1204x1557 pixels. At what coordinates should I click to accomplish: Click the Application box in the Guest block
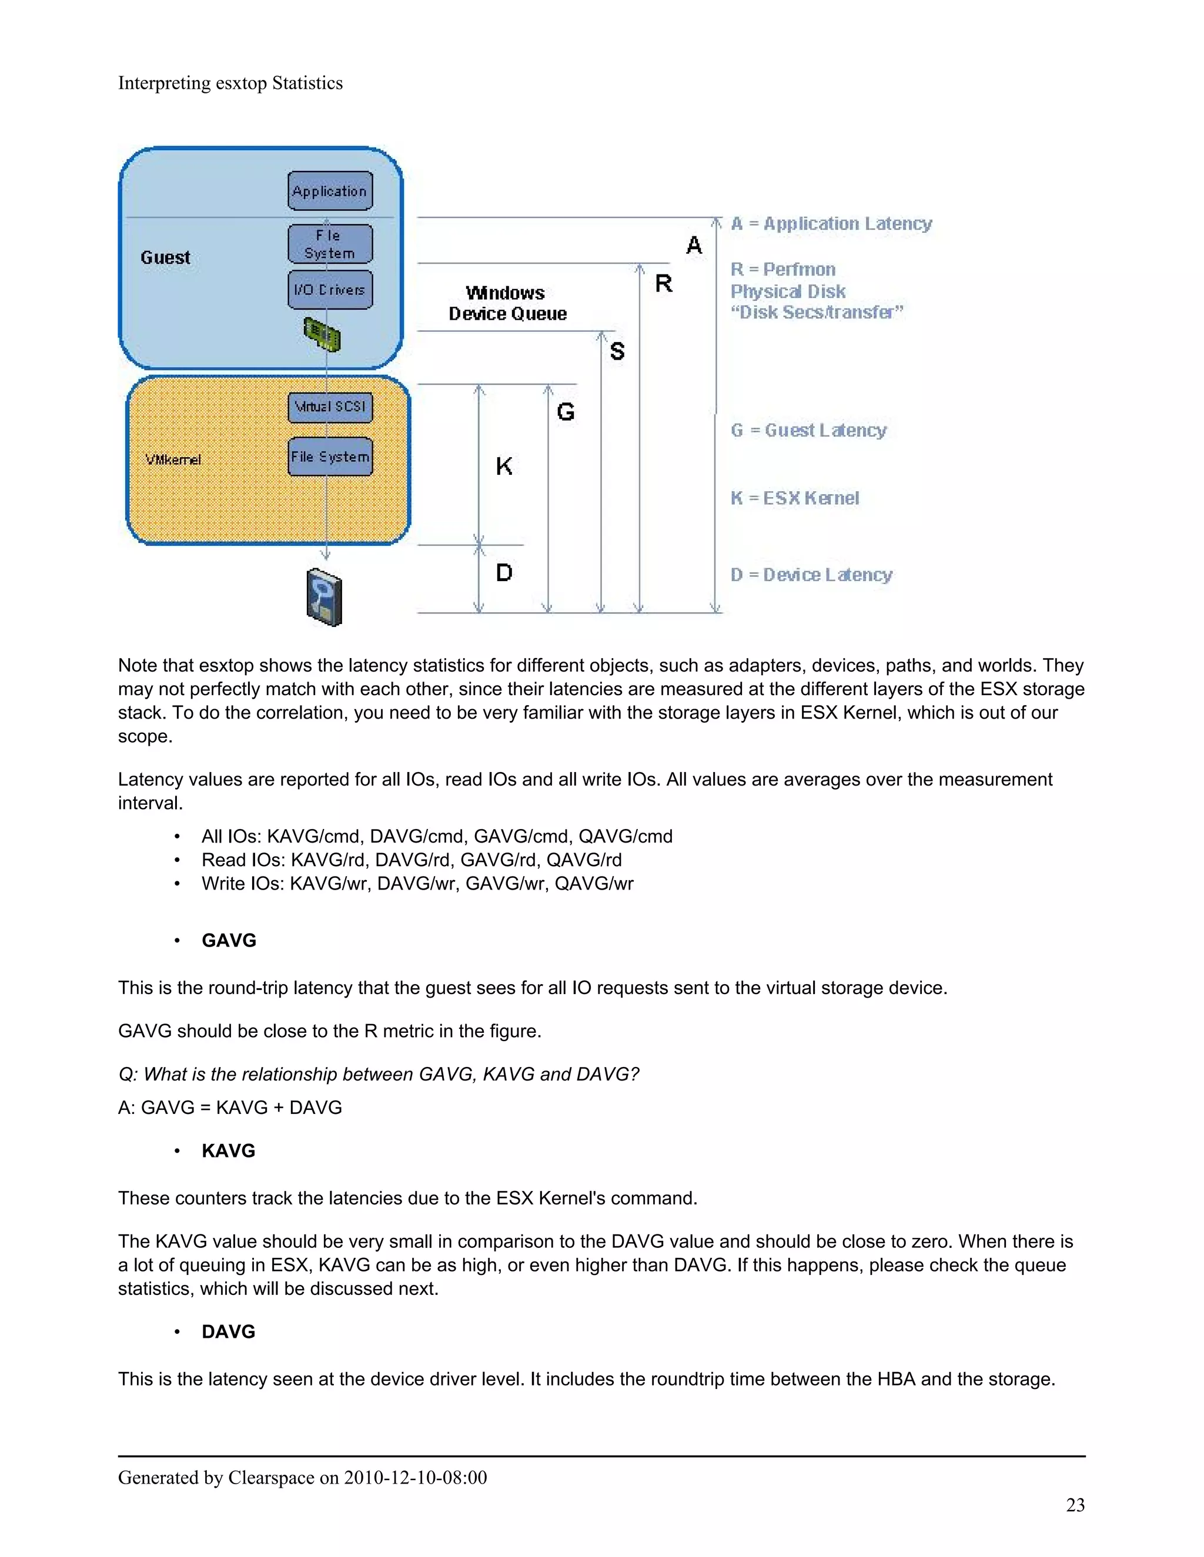330,190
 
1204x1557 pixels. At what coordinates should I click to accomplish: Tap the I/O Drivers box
330,290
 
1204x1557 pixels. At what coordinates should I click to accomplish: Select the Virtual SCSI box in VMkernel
330,407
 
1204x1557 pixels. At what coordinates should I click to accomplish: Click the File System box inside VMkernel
330,457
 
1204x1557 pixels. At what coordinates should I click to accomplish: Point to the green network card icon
322,334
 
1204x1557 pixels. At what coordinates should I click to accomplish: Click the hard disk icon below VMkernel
325,598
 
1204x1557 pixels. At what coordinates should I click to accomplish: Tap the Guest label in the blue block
165,257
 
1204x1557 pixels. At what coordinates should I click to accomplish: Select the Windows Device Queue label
507,303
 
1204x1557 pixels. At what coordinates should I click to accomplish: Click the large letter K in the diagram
504,467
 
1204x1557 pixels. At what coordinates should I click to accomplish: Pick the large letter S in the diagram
617,351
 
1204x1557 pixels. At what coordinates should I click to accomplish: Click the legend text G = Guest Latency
808,430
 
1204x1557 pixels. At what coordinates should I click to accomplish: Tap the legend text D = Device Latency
811,575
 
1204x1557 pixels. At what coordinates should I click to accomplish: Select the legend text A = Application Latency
831,223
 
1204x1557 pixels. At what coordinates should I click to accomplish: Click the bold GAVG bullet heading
228,940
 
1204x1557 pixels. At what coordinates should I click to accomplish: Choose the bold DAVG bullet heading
228,1332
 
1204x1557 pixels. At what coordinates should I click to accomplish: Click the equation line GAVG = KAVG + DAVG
230,1107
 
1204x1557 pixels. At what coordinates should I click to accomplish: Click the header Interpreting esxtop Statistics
230,83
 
